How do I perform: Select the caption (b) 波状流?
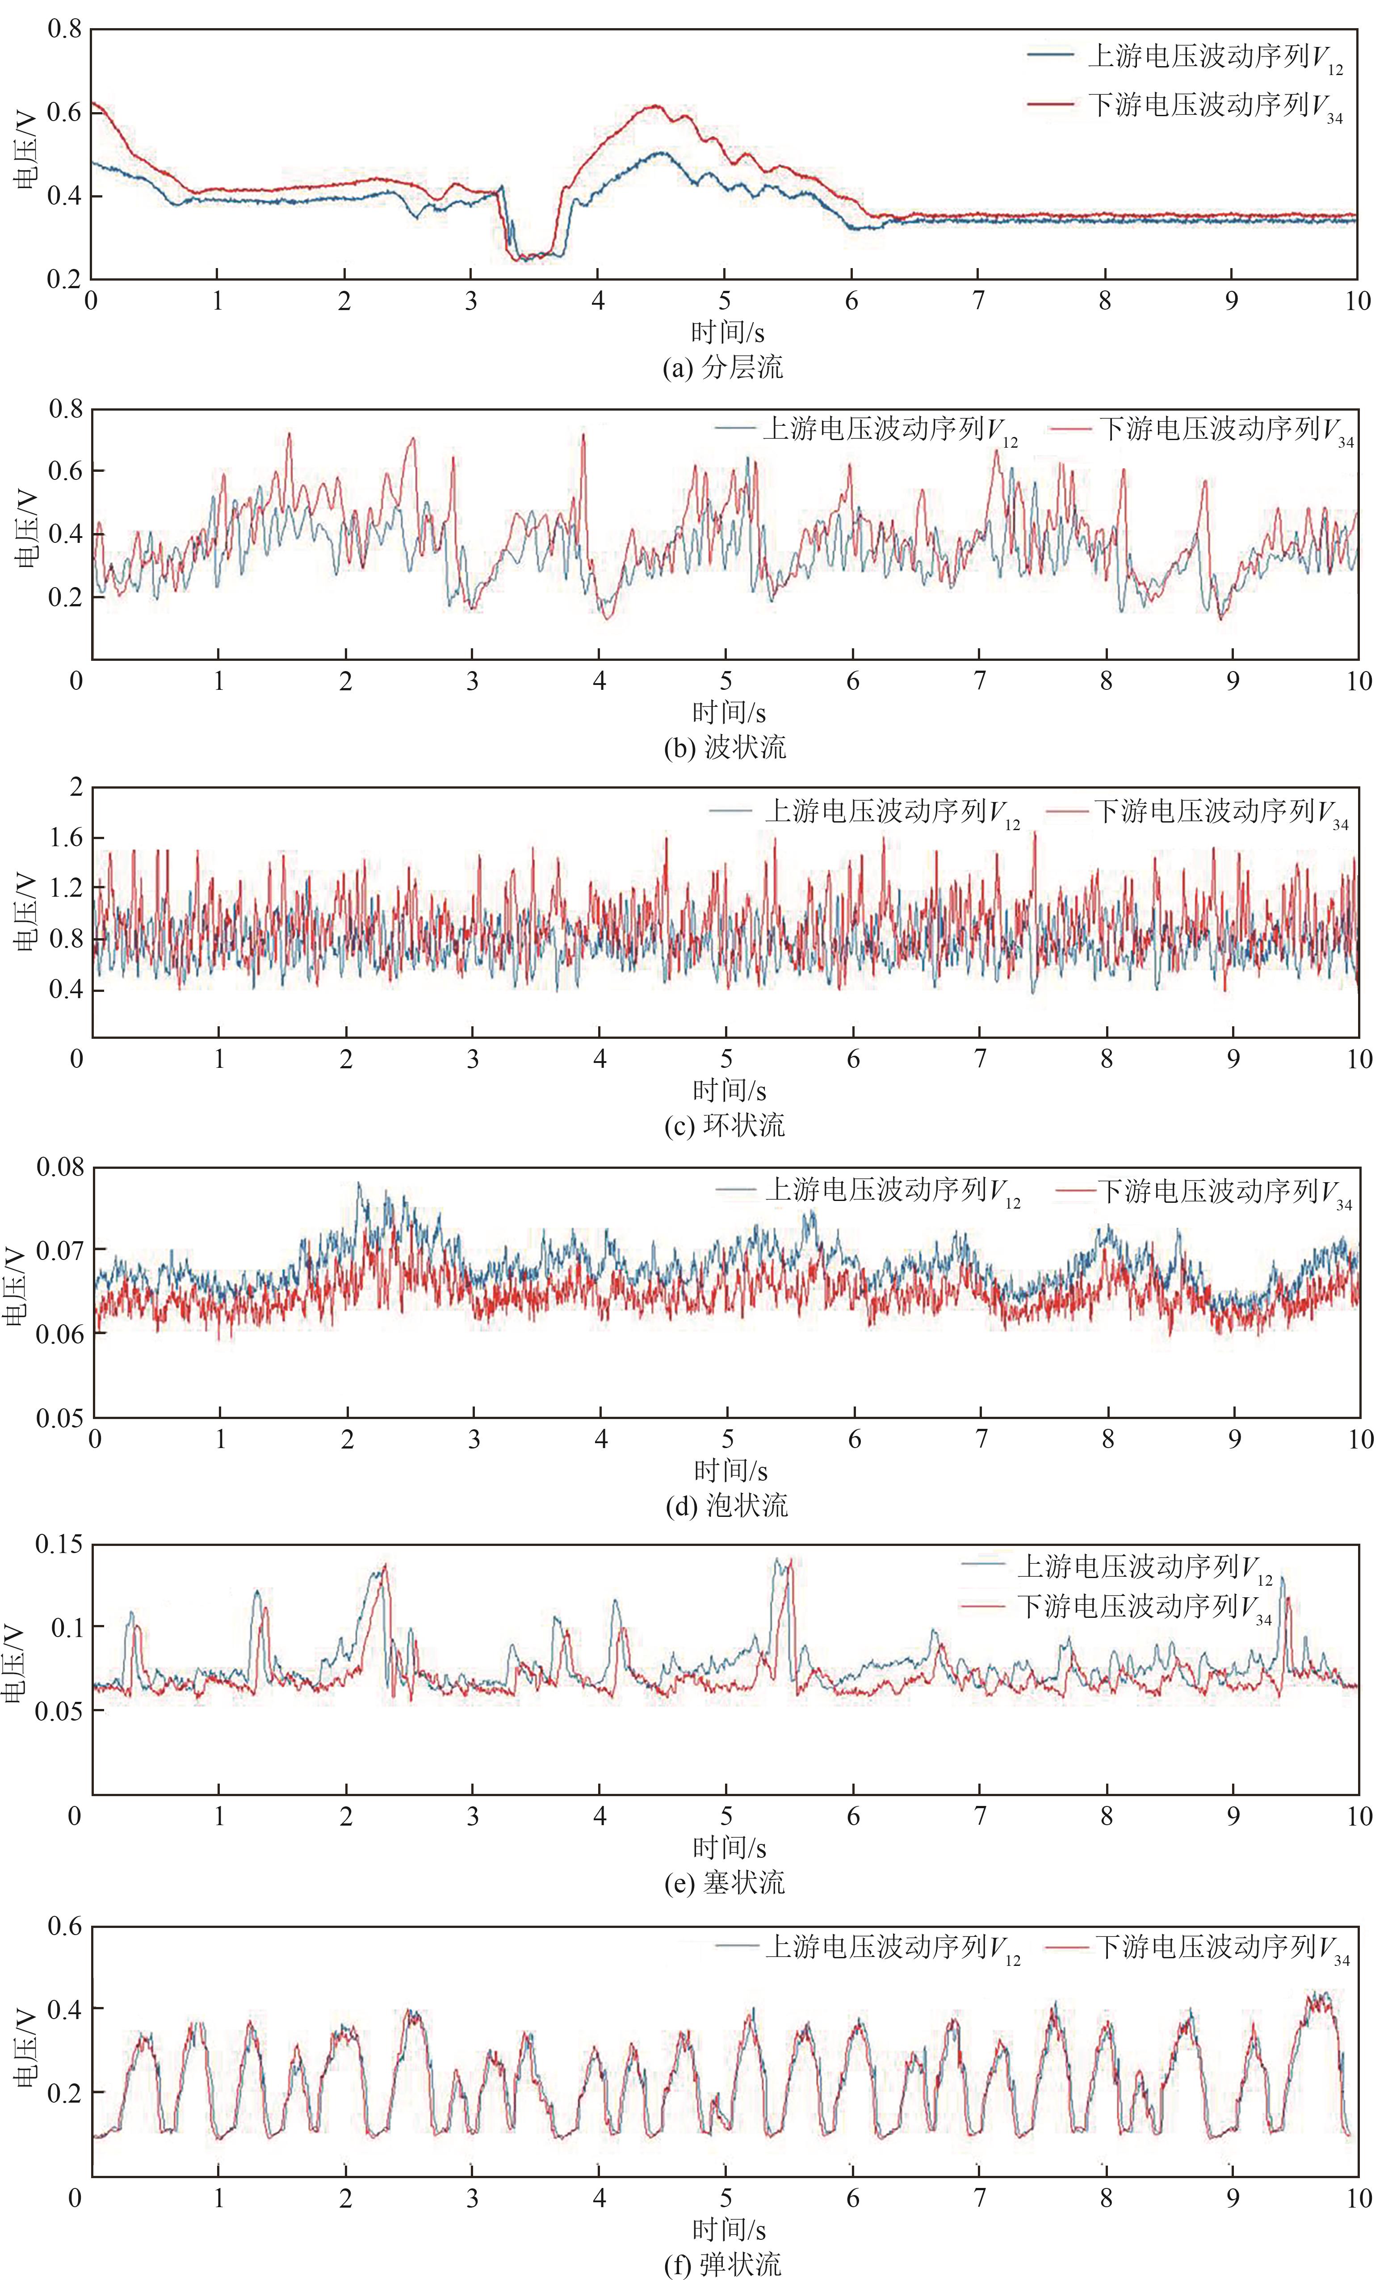pyautogui.click(x=725, y=747)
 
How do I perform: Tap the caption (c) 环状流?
pyautogui.click(x=725, y=1125)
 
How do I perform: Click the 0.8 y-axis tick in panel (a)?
pyautogui.click(x=65, y=29)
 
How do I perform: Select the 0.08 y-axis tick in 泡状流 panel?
pyautogui.click(x=60, y=1168)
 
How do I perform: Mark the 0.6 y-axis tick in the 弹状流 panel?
pyautogui.click(x=65, y=1927)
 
